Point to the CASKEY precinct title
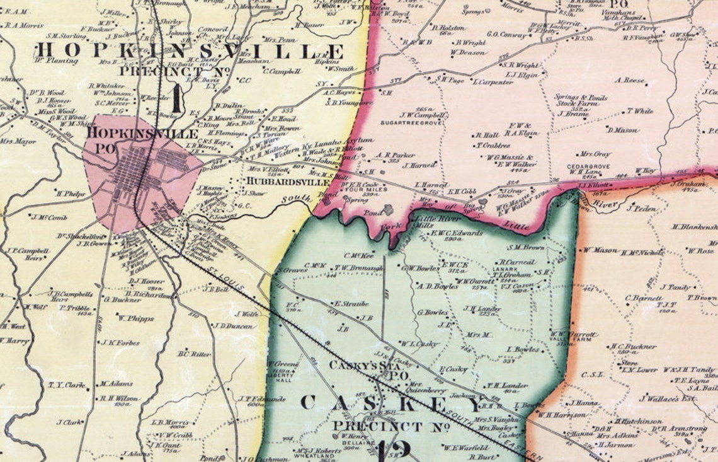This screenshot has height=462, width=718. tap(394, 403)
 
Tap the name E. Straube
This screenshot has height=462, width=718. tap(351, 303)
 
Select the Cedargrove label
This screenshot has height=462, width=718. tap(582, 166)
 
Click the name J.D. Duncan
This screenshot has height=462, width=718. tap(234, 326)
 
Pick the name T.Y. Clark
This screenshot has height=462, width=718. tap(66, 384)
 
